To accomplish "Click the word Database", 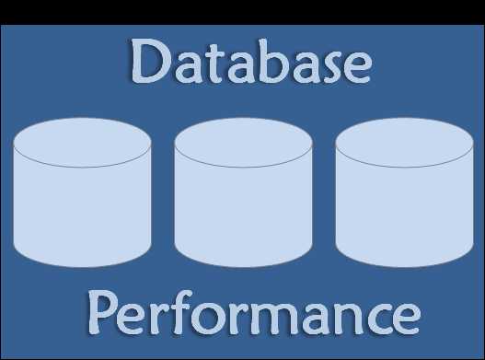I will (250, 63).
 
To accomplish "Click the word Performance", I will (254, 313).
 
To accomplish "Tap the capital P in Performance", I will (106, 313).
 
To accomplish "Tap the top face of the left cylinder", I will (82, 143).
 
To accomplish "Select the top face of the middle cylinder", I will (243, 143).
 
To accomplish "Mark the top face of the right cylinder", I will (404, 143).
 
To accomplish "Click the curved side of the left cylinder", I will (82, 216).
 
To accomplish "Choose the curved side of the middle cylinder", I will (243, 216).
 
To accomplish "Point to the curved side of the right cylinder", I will (404, 216).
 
